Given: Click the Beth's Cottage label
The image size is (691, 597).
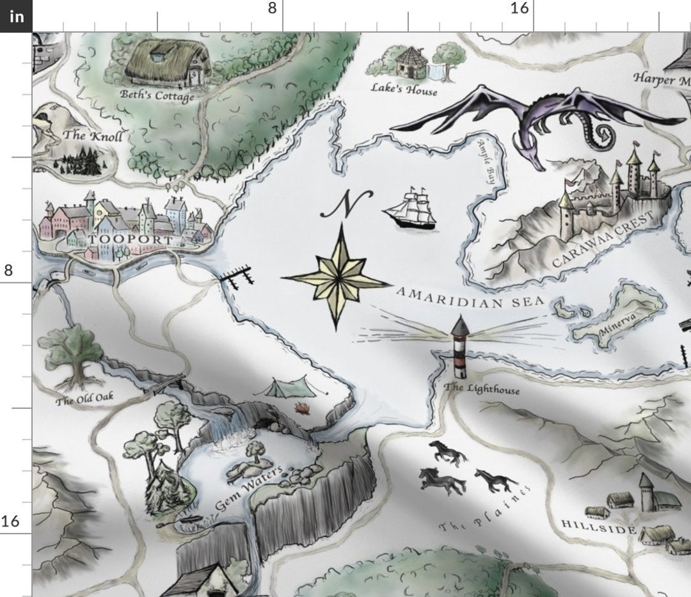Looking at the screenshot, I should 157,96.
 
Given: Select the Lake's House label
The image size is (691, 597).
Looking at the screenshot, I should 404,90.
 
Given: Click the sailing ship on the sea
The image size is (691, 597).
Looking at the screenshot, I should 410,207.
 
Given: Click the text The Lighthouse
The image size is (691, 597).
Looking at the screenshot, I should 472,388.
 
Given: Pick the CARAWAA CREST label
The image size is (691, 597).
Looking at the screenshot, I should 605,240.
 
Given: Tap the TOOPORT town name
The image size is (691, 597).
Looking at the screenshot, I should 132,241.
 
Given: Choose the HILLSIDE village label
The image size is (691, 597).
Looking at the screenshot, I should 598,526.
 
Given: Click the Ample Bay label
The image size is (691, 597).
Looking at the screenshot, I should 486,163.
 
